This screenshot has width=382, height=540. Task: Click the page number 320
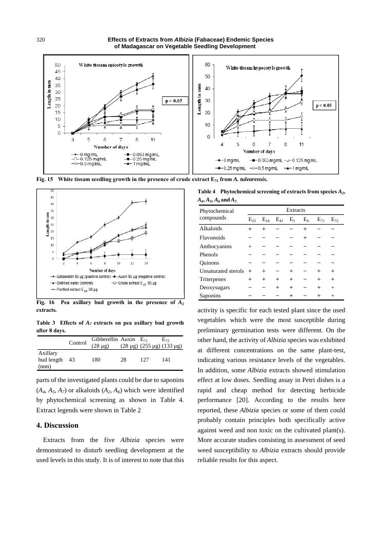[42, 39]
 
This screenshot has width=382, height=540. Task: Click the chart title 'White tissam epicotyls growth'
[110, 65]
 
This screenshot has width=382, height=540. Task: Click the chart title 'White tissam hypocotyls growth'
[258, 68]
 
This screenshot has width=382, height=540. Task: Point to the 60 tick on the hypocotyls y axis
[207, 65]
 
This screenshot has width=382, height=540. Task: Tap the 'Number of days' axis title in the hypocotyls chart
[259, 151]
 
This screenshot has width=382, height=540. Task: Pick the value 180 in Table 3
[96, 360]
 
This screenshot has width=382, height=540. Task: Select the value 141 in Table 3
[166, 360]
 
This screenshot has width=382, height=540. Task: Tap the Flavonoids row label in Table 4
[212, 237]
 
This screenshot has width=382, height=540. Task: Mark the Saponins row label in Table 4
[211, 295]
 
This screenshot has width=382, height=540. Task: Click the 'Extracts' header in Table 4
[295, 210]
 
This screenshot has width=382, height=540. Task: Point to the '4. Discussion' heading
[57, 425]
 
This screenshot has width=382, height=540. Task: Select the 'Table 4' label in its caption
[209, 192]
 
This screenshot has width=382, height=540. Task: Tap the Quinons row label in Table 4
[210, 263]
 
